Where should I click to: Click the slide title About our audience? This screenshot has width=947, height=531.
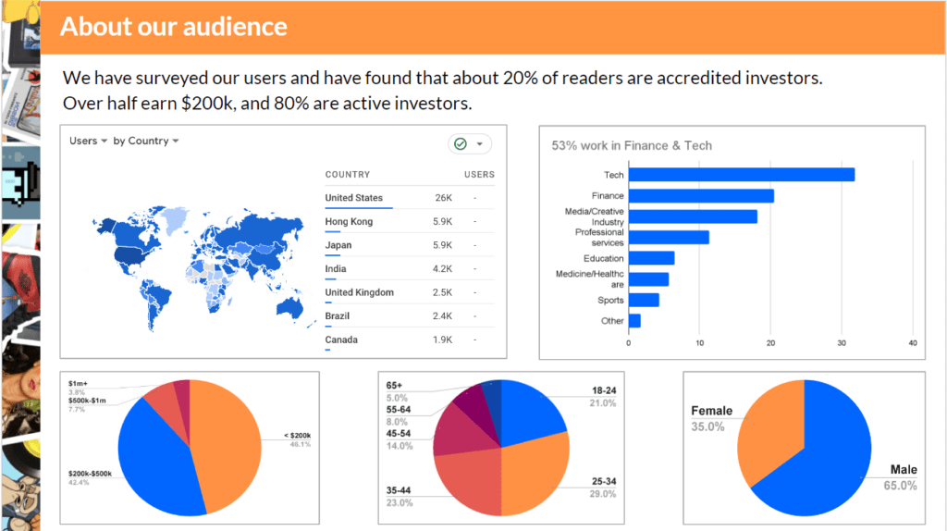point(174,26)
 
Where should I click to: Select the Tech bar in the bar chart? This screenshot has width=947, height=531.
point(741,174)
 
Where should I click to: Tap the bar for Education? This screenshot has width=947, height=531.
point(651,258)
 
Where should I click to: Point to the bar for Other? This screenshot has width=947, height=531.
point(634,320)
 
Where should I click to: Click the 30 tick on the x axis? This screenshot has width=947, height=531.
point(842,343)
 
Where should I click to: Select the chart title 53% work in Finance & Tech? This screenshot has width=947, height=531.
point(632,145)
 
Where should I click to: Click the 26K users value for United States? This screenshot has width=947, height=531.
point(443,198)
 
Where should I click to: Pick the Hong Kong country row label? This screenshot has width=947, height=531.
point(349,222)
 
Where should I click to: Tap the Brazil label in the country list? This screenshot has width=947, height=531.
point(338,316)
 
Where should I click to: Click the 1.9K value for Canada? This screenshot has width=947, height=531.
point(442,340)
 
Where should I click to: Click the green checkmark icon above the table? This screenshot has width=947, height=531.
point(459,143)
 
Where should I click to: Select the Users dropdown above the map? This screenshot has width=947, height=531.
point(89,141)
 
